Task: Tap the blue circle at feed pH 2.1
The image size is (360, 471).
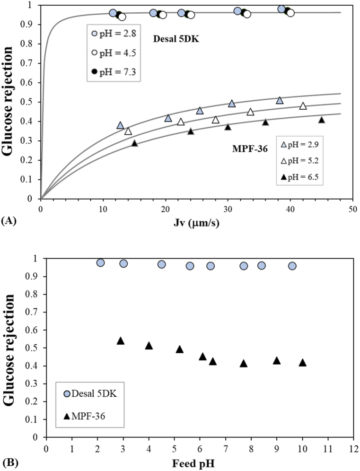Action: [100, 263]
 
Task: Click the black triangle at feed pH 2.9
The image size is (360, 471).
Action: [121, 340]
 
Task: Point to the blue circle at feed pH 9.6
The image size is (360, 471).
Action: [292, 266]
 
